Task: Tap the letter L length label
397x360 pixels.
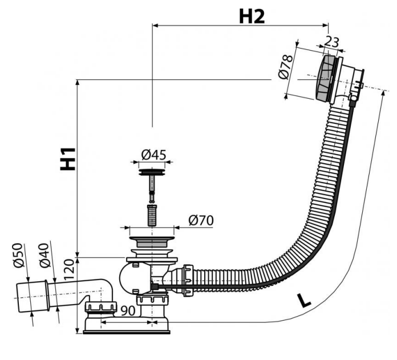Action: pos(306,300)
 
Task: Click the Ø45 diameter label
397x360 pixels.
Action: pos(153,155)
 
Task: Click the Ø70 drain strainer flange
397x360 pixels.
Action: pos(152,233)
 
